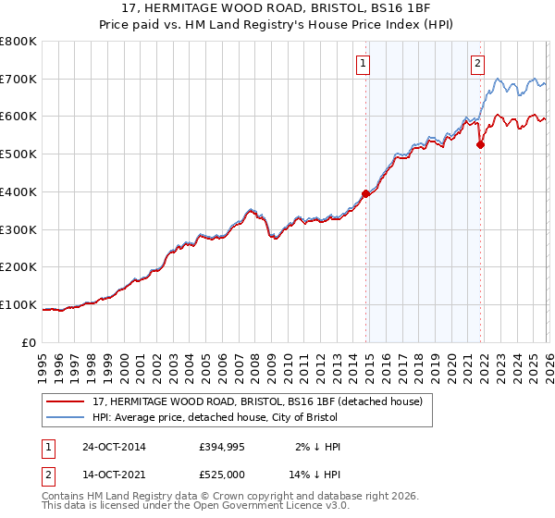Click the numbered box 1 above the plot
tap(362, 64)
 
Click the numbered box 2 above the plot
tap(477, 64)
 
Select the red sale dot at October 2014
tap(365, 193)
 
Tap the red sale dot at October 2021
tap(481, 144)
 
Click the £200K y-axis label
tap(18, 267)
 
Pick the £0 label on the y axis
tap(29, 343)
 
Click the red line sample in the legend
tap(67, 401)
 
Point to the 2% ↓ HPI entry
tap(319, 447)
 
